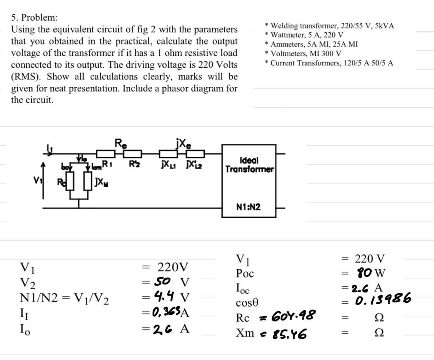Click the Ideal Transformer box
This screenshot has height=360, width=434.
click(249, 180)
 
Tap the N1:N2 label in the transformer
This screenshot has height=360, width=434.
click(248, 207)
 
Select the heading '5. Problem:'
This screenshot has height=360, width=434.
click(34, 18)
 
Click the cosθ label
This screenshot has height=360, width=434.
click(247, 303)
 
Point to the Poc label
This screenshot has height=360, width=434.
click(245, 274)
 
